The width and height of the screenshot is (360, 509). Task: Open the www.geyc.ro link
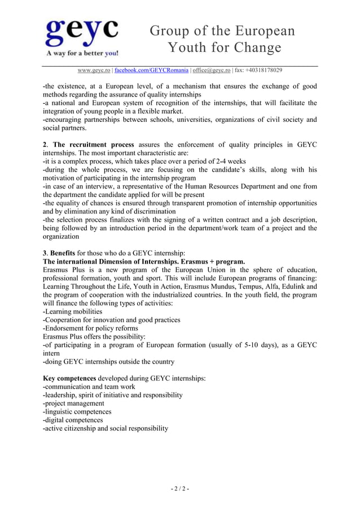click(x=94, y=71)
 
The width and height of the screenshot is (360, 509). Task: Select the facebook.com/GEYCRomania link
click(x=151, y=71)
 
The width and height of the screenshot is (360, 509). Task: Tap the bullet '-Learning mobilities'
click(x=73, y=311)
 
